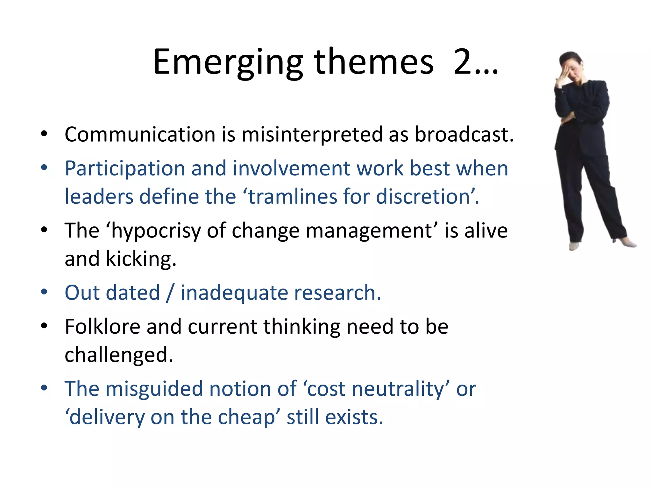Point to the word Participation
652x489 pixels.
click(125, 169)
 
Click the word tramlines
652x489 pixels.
click(292, 196)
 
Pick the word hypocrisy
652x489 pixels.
click(156, 231)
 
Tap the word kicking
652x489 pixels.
click(141, 259)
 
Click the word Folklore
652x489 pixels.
click(102, 327)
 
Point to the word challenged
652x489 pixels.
click(119, 355)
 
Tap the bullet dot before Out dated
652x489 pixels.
click(44, 292)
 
